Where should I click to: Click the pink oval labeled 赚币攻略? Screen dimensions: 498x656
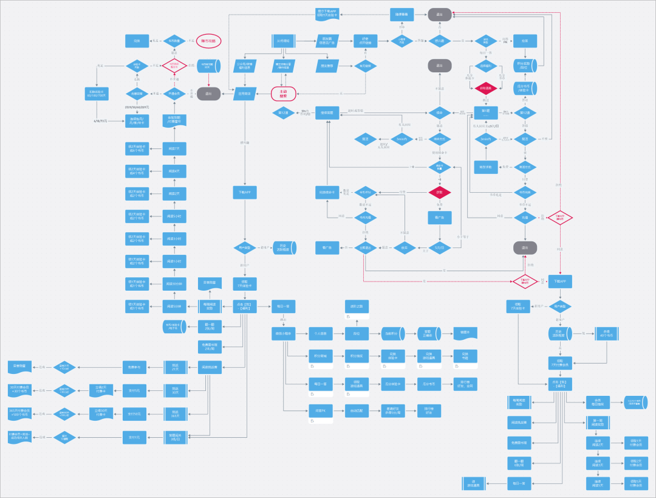point(208,41)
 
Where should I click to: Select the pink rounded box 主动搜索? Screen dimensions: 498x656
point(283,94)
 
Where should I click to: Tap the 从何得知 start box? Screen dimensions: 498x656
point(282,41)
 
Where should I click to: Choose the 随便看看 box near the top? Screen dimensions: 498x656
point(401,14)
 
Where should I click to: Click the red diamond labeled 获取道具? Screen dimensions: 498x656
point(486,89)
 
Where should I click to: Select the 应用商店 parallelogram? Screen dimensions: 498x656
point(245,94)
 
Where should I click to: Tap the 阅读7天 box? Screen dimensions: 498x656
point(174,149)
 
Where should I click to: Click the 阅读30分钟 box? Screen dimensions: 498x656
point(174,284)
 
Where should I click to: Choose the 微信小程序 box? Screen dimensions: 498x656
point(283,333)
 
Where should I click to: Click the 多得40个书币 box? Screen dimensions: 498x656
point(604,333)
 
